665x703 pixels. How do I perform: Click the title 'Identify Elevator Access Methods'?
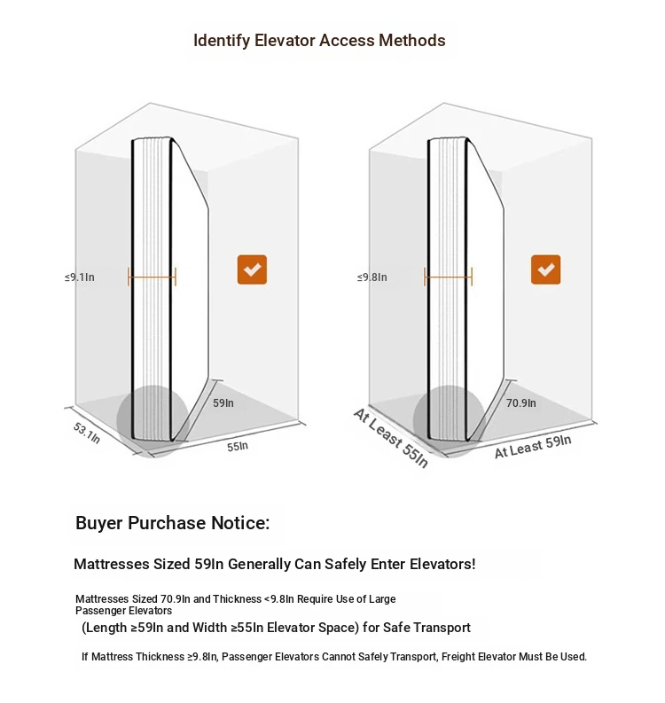click(319, 41)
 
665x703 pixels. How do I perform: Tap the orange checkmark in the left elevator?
click(252, 269)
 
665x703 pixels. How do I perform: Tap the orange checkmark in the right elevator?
click(545, 269)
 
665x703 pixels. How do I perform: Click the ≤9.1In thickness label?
click(80, 277)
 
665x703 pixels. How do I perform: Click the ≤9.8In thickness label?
click(372, 277)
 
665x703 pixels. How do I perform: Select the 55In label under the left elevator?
click(238, 446)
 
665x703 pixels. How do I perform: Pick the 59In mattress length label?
click(223, 402)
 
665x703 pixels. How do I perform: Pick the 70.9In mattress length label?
click(520, 402)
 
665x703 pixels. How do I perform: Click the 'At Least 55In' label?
click(390, 438)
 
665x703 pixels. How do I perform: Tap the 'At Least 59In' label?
click(532, 446)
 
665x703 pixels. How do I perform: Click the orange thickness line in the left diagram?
click(153, 277)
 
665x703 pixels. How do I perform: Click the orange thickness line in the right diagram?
click(449, 277)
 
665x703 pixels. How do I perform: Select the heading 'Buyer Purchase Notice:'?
click(172, 523)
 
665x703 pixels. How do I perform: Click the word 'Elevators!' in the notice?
click(442, 564)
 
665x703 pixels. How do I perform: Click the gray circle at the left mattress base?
click(152, 419)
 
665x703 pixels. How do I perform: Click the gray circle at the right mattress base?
click(449, 419)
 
